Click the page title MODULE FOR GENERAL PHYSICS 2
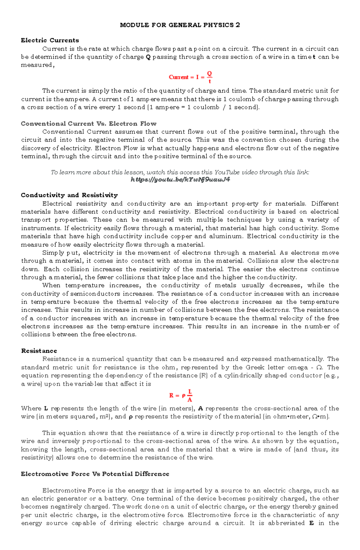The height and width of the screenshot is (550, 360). coord(180,25)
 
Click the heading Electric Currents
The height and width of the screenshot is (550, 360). coord(50,40)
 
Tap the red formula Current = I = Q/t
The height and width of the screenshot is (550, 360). coord(190,77)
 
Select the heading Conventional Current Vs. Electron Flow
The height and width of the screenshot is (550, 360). coord(88,123)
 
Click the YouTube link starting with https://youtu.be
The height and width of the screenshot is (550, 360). coord(180,180)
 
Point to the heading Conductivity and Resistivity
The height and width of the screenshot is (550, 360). coord(69,195)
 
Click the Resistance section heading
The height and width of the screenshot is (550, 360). coord(39,351)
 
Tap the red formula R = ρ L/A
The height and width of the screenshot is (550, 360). coord(181,395)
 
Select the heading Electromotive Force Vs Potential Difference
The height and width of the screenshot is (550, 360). coord(95,474)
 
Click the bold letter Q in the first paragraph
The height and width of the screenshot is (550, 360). coord(148,57)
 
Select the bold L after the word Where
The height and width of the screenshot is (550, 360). coord(46,409)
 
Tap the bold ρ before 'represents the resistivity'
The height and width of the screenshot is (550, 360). coord(130,417)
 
